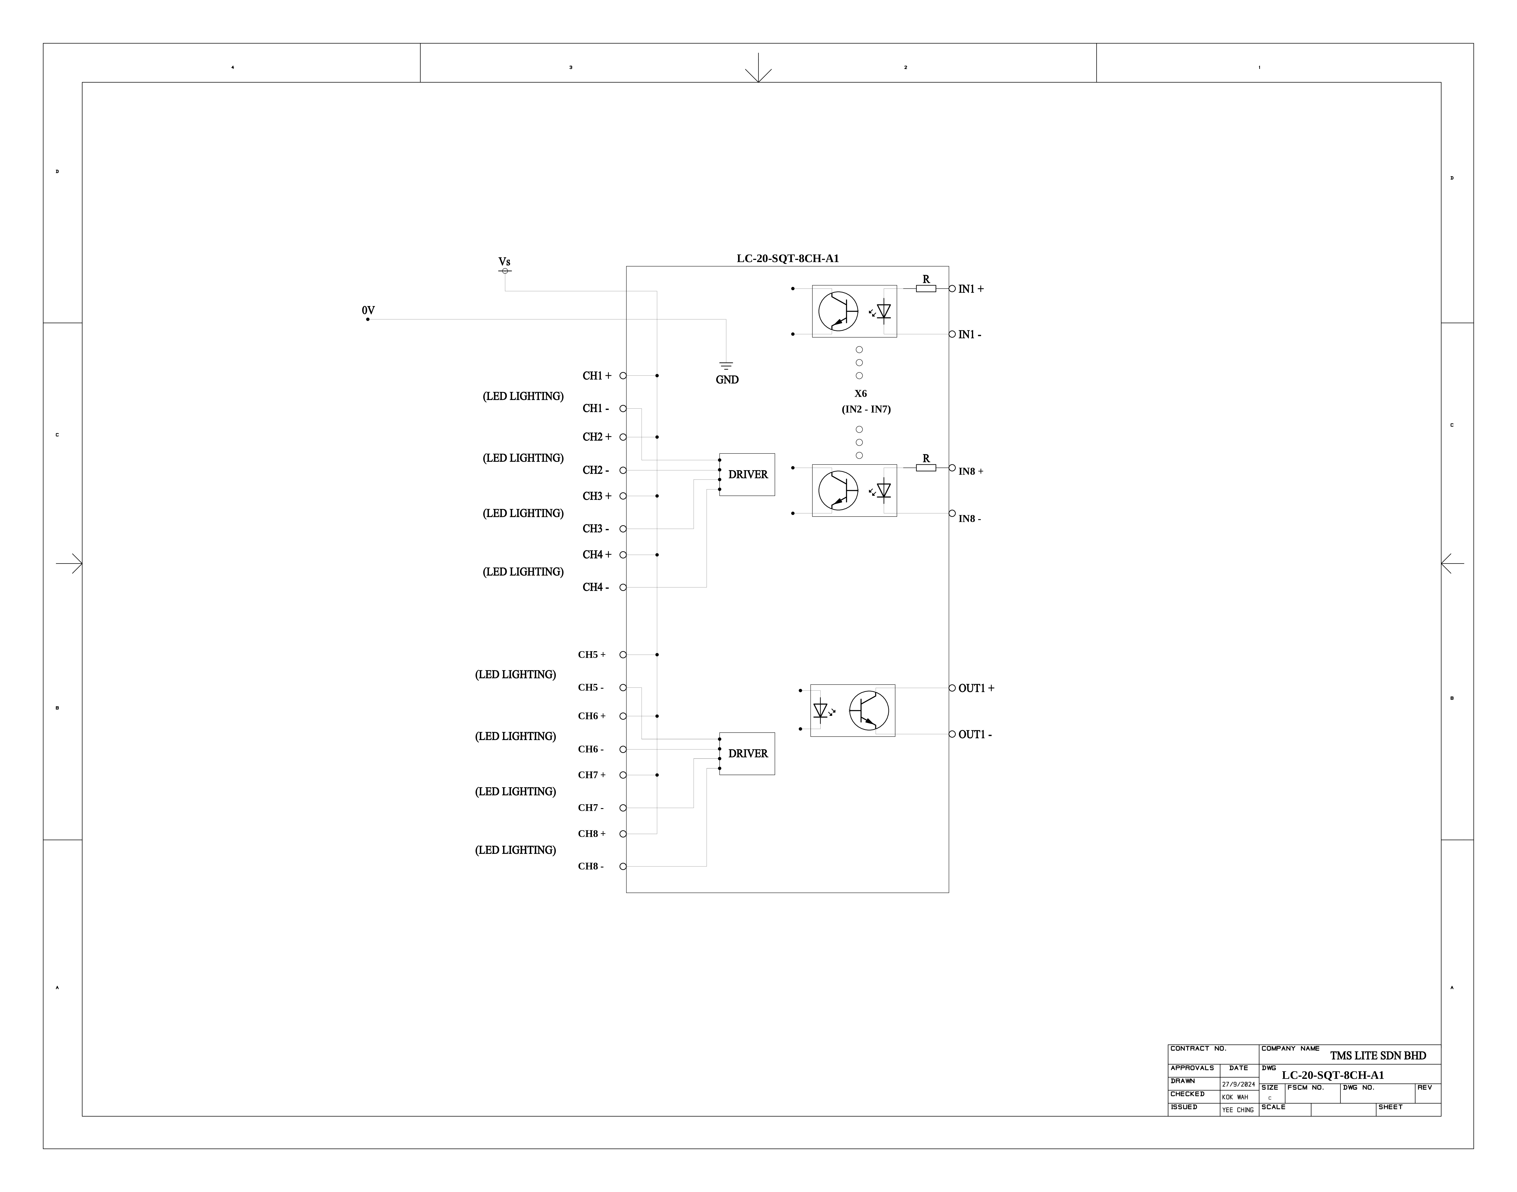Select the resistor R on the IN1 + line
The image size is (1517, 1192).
pyautogui.click(x=926, y=288)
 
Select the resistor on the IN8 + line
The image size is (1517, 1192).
pyautogui.click(x=926, y=468)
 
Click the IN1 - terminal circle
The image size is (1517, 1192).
pyautogui.click(x=952, y=334)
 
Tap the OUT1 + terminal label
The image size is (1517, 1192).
pyautogui.click(x=976, y=688)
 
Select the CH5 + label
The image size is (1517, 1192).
pyautogui.click(x=592, y=655)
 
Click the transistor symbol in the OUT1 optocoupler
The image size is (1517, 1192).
pyautogui.click(x=869, y=711)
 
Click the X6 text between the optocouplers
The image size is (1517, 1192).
pyautogui.click(x=860, y=394)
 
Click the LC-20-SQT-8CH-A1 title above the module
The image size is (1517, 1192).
pyautogui.click(x=788, y=258)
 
